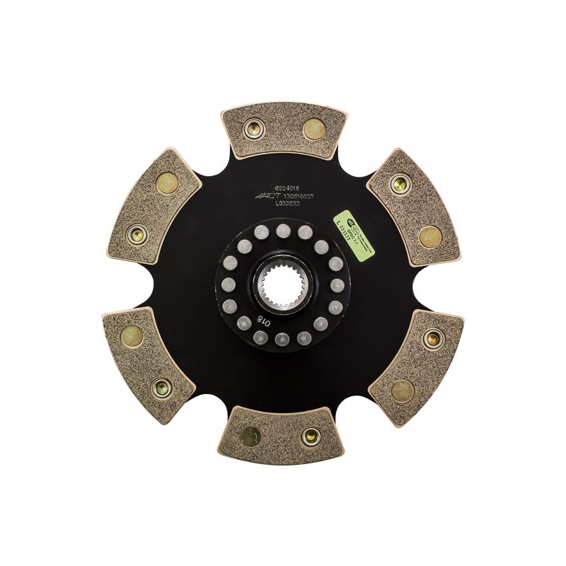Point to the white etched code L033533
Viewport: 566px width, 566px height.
tap(278, 202)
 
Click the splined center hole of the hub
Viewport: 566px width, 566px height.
tap(283, 282)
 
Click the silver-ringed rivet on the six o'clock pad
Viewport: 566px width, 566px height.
tap(308, 437)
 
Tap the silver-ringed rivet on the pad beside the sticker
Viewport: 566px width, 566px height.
tap(399, 184)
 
